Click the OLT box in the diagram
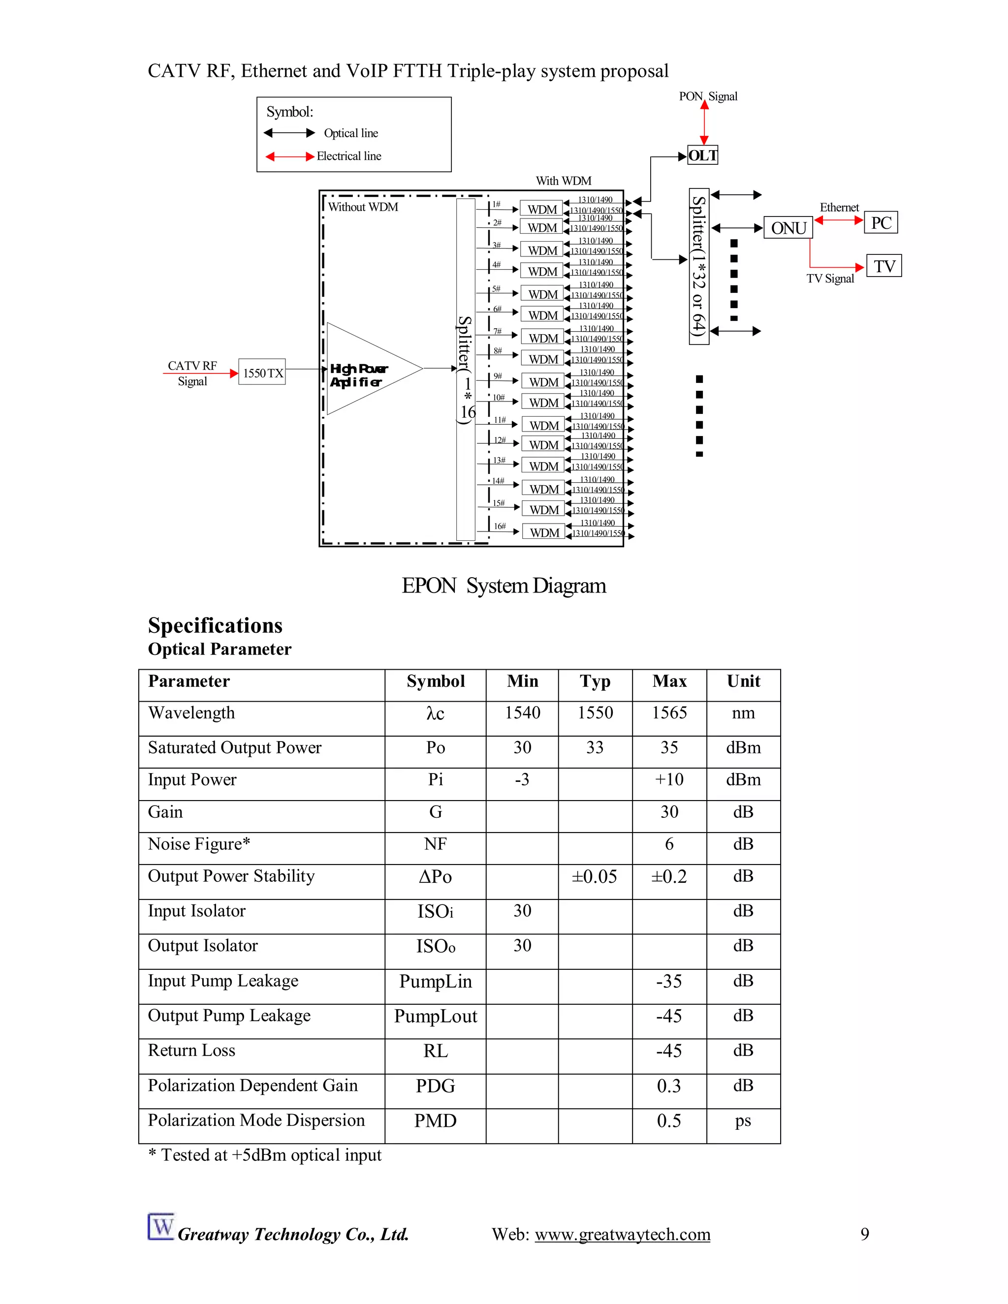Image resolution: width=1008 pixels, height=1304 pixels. click(x=702, y=156)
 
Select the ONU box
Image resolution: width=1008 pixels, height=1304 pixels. click(x=788, y=228)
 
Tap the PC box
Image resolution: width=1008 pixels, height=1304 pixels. click(x=881, y=223)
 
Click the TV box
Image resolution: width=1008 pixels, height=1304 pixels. click(x=884, y=266)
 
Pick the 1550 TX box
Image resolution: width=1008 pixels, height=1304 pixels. click(x=262, y=373)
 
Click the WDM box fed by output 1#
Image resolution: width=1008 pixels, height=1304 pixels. click(x=541, y=210)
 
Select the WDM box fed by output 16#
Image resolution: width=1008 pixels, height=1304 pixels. click(x=544, y=532)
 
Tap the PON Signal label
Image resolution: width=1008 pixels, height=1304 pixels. click(x=708, y=96)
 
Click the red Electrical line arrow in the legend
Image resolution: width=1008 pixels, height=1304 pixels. click(x=289, y=156)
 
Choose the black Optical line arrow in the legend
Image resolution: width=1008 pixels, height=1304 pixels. click(x=289, y=132)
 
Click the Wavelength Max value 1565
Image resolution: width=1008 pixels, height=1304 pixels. click(x=669, y=713)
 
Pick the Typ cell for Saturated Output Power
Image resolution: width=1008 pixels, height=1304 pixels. click(x=595, y=747)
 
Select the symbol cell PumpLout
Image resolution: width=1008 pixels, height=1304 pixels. click(x=435, y=1016)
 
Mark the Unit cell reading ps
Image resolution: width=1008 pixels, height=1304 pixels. click(x=743, y=1120)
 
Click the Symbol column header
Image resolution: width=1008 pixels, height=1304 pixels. click(x=435, y=681)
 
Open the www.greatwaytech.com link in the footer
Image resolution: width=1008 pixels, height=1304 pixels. click(x=622, y=1234)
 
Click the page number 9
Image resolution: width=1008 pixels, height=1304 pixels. click(x=864, y=1234)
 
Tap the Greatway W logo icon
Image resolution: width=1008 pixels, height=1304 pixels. click(x=160, y=1227)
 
